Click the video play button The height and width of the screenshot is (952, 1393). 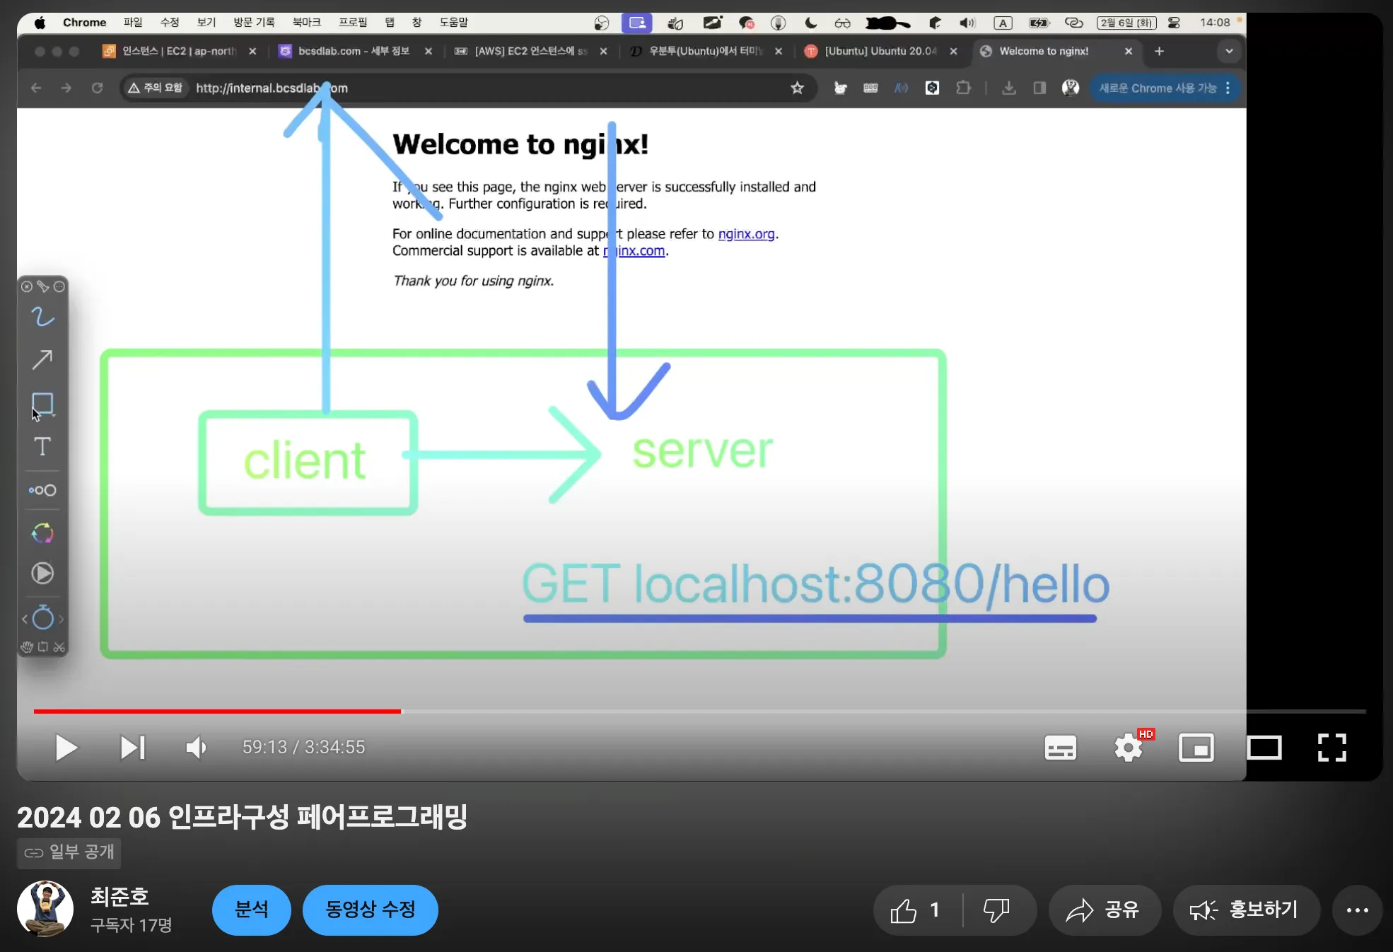66,748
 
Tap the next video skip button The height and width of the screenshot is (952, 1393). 132,748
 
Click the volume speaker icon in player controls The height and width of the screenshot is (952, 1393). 196,748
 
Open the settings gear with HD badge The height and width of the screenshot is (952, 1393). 1129,748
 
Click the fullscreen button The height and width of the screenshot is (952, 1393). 1331,748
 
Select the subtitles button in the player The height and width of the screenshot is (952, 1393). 1060,748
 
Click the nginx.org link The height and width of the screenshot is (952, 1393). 746,234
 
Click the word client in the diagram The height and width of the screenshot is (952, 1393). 305,461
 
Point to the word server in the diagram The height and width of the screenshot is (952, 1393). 702,451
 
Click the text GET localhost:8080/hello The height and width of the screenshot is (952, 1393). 815,585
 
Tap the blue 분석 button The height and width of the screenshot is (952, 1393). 252,910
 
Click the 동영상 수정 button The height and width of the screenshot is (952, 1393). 370,910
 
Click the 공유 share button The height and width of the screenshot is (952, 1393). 1105,910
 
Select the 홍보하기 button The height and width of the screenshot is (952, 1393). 1246,910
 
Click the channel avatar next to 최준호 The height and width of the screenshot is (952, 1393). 45,909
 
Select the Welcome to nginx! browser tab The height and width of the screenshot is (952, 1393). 1044,51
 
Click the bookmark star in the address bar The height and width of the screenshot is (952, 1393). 798,88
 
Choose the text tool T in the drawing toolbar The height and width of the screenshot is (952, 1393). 42,446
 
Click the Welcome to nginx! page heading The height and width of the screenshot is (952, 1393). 520,144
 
